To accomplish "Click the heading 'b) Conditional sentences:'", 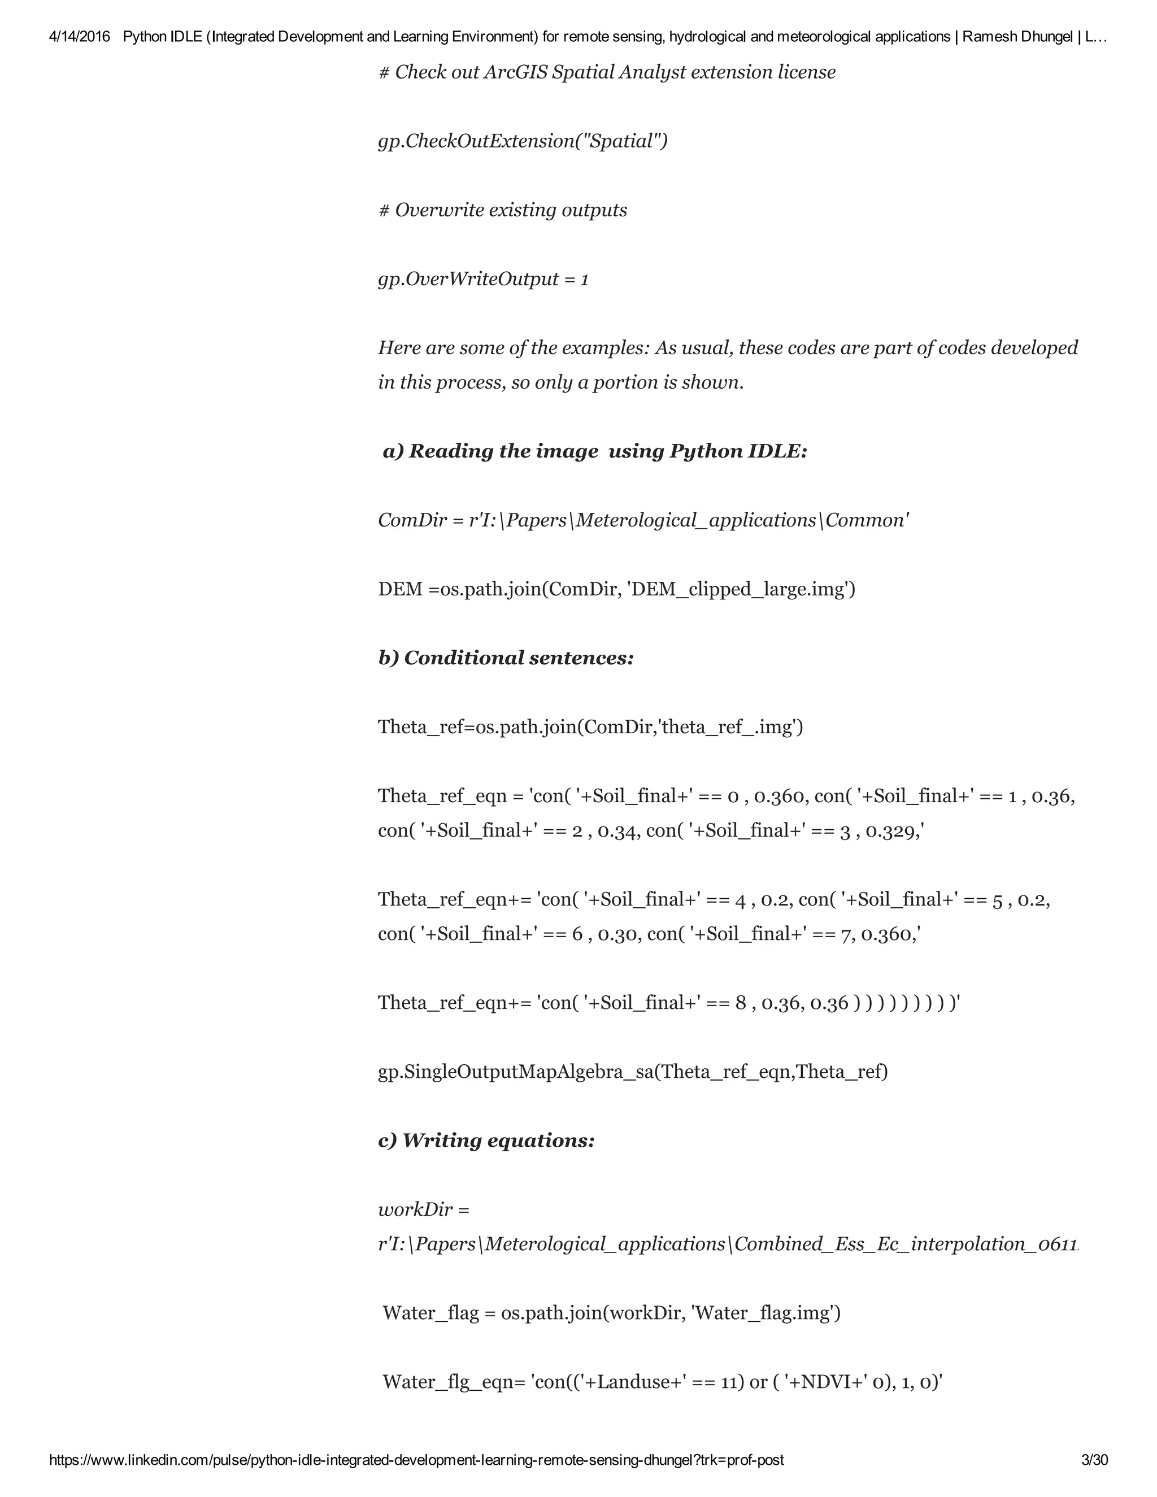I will (506, 658).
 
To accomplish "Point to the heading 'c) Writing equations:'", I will (486, 1141).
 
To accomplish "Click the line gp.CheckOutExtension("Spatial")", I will (523, 141).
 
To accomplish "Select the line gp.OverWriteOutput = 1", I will (483, 279).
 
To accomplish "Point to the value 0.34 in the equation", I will (620, 831).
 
